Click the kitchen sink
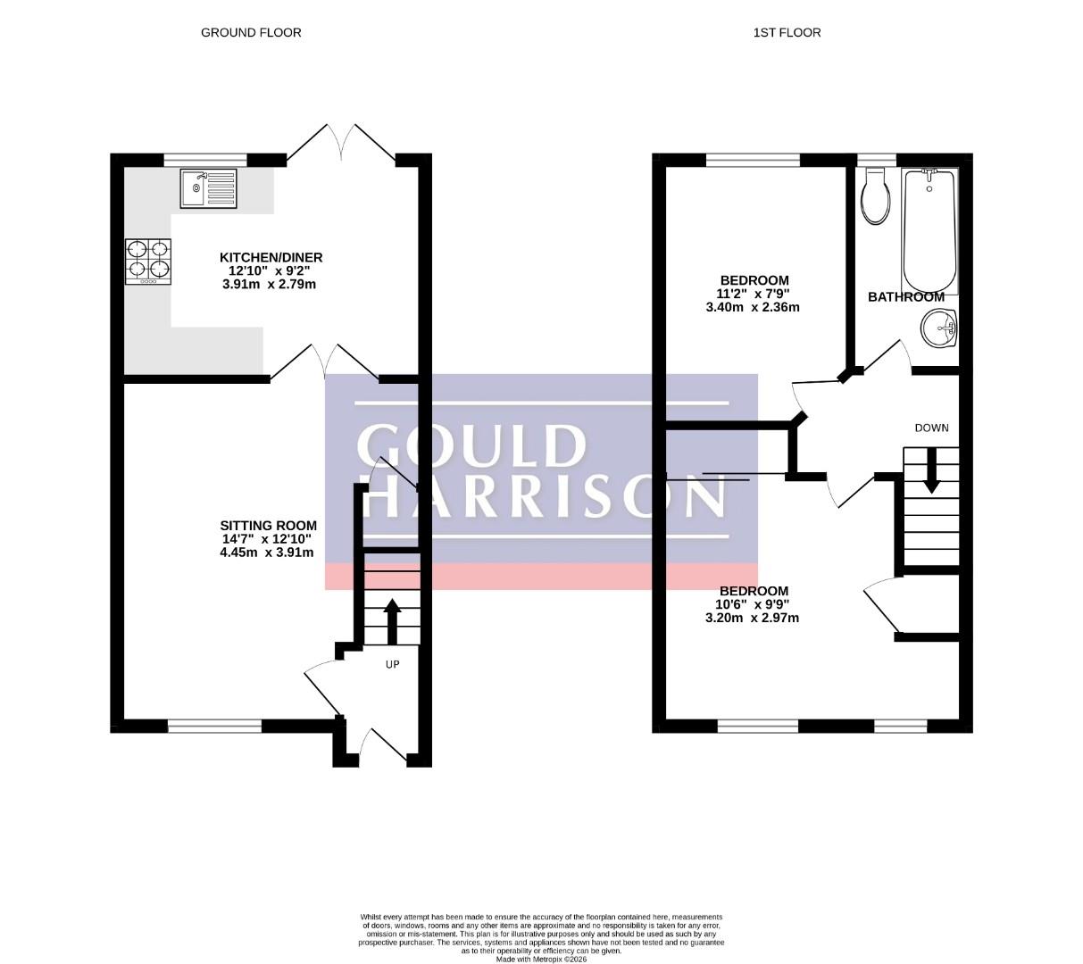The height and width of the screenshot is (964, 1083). click(208, 188)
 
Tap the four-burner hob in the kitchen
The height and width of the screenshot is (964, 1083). click(148, 262)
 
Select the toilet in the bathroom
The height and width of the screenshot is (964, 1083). click(875, 195)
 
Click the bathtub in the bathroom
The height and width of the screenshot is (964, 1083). click(929, 231)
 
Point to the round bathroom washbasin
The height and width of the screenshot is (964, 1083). click(938, 328)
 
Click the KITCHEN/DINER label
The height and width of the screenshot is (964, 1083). click(271, 258)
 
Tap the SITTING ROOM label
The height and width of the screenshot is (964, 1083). click(269, 525)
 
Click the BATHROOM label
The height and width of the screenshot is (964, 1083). click(905, 297)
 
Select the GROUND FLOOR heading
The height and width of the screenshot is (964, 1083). click(251, 33)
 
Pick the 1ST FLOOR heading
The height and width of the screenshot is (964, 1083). click(787, 33)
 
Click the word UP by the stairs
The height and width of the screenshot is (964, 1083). click(392, 665)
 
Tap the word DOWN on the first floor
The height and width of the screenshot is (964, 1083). click(931, 428)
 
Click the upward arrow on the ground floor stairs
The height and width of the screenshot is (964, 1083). click(392, 621)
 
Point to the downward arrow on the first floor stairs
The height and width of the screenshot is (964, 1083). click(931, 470)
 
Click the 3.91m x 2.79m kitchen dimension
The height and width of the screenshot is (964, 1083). click(269, 284)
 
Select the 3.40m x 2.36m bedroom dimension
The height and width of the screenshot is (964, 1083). click(752, 307)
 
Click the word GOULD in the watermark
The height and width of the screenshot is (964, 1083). click(471, 445)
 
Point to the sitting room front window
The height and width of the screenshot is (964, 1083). click(215, 726)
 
